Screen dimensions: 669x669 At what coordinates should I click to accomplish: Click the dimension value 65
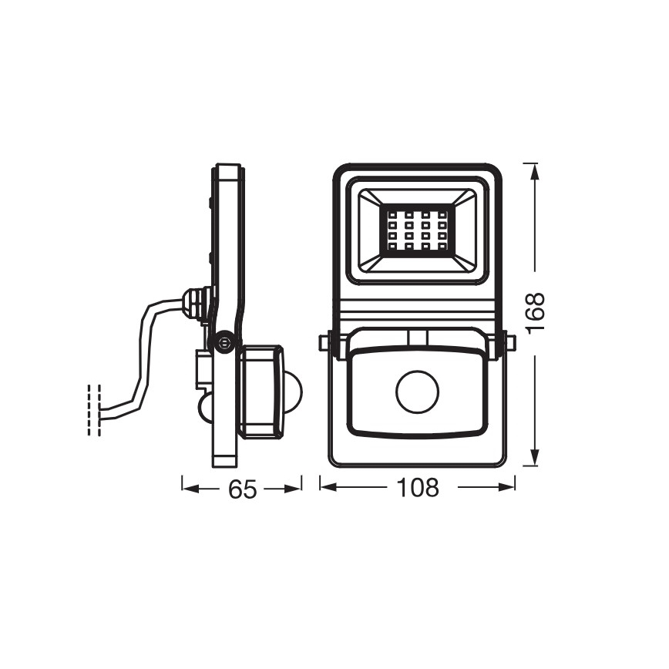click(241, 488)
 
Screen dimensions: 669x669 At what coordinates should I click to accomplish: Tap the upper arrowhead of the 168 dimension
click(531, 170)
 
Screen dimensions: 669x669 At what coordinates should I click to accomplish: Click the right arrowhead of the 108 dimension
click(508, 486)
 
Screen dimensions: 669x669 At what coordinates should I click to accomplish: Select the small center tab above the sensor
click(417, 338)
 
